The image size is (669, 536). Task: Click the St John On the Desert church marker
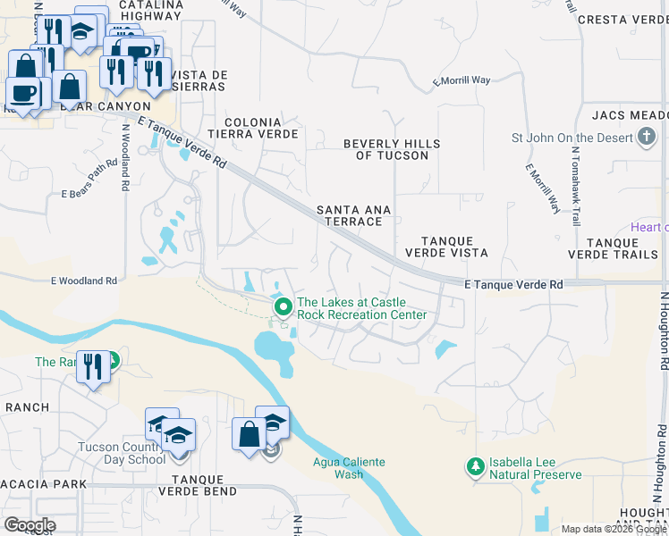(x=647, y=138)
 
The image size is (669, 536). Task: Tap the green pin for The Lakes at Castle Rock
(x=284, y=308)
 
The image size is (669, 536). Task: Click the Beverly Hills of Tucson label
(x=392, y=149)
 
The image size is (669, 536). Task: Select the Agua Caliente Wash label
(x=349, y=467)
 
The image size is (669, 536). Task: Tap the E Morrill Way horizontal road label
(x=462, y=80)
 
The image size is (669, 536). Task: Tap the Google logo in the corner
(x=30, y=524)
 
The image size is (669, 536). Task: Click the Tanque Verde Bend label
(x=197, y=491)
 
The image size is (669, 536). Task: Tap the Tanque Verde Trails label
(x=623, y=248)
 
